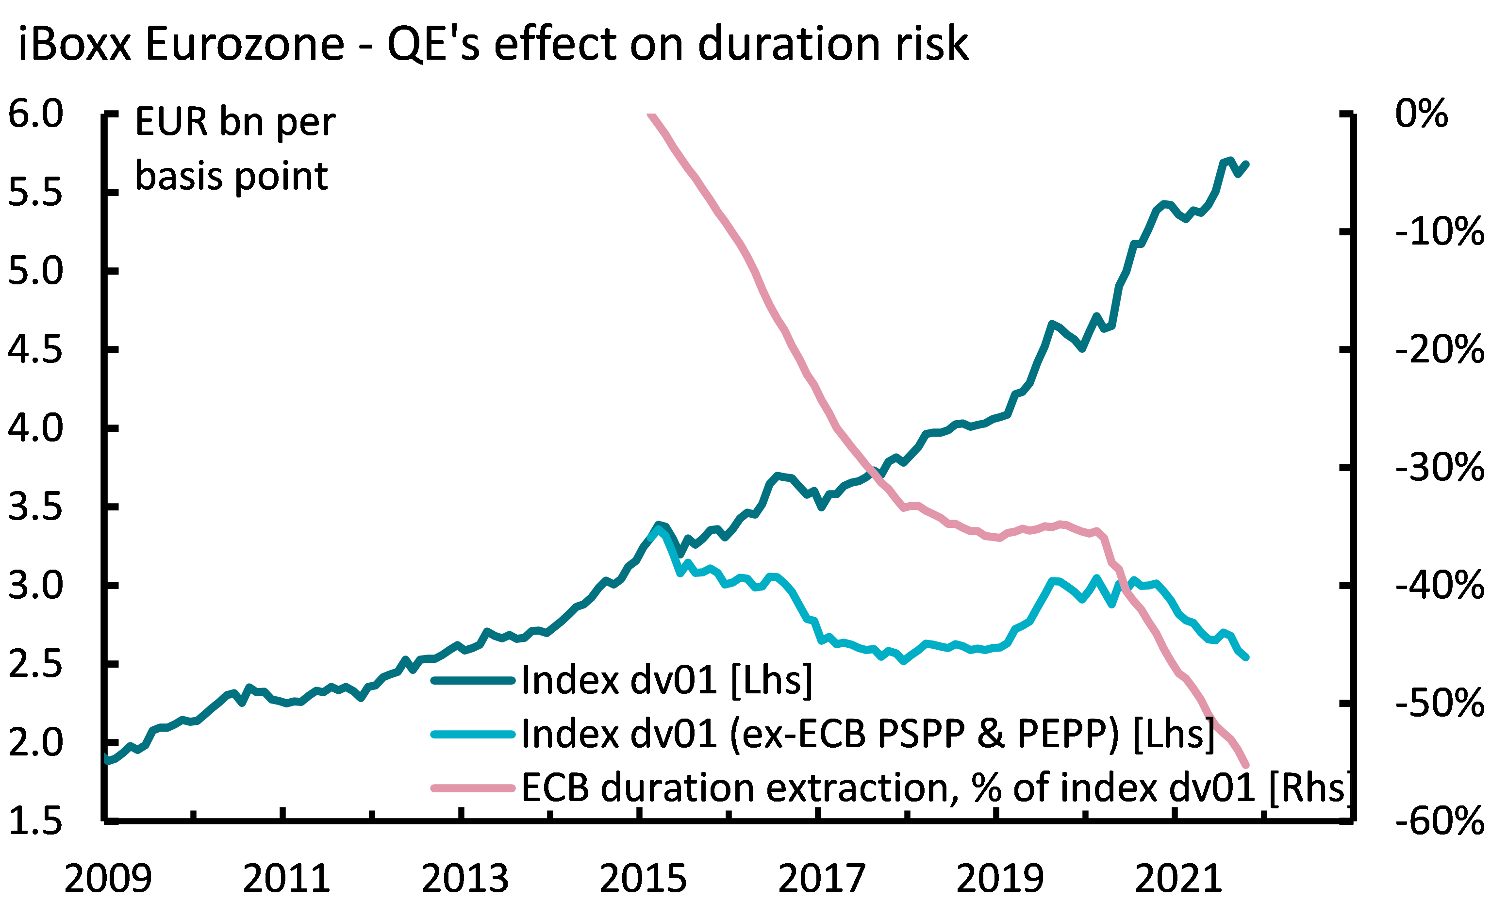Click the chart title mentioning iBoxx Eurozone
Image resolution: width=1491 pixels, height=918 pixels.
tap(493, 44)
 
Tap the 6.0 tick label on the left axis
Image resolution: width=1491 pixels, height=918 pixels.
tap(35, 114)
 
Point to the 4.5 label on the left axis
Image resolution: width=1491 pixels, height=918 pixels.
tap(35, 350)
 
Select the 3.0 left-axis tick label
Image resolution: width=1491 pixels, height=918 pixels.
tap(35, 586)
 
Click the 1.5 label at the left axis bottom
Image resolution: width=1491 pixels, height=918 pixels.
tap(35, 821)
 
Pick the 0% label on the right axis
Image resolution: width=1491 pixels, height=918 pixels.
tap(1421, 114)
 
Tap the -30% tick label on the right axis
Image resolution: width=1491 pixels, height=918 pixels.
tap(1440, 468)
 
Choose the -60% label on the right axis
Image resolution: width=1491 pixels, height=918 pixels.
tap(1440, 821)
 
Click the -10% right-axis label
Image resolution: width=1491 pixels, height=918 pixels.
tap(1440, 232)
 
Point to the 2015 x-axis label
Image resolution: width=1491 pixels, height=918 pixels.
tap(643, 879)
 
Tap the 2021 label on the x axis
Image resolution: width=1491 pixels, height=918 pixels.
tap(1178, 879)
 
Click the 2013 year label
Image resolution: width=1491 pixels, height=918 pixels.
tap(464, 879)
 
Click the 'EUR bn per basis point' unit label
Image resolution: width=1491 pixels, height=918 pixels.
tap(234, 149)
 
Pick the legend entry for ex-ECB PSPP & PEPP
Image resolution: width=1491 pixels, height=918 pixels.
tap(867, 734)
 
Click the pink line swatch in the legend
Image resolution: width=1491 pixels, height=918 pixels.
tap(473, 788)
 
